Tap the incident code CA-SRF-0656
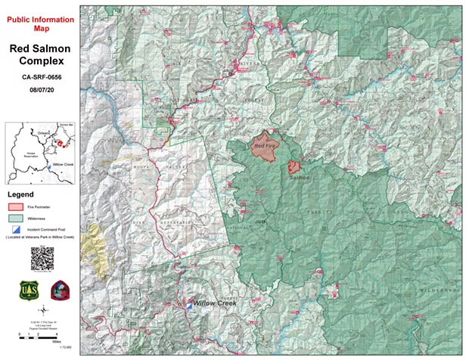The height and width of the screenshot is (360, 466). tap(42, 78)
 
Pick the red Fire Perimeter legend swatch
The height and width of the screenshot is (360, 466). tap(17, 206)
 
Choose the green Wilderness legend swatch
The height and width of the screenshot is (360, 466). tap(17, 218)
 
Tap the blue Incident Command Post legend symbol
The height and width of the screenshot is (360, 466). tap(17, 229)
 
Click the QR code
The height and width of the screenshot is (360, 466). tap(42, 256)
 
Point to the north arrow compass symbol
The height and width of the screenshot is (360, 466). tap(42, 310)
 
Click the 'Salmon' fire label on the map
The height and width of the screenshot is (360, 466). tap(299, 178)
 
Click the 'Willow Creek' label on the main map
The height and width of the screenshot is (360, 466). tap(215, 303)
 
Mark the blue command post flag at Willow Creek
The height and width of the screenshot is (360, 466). tap(189, 304)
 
